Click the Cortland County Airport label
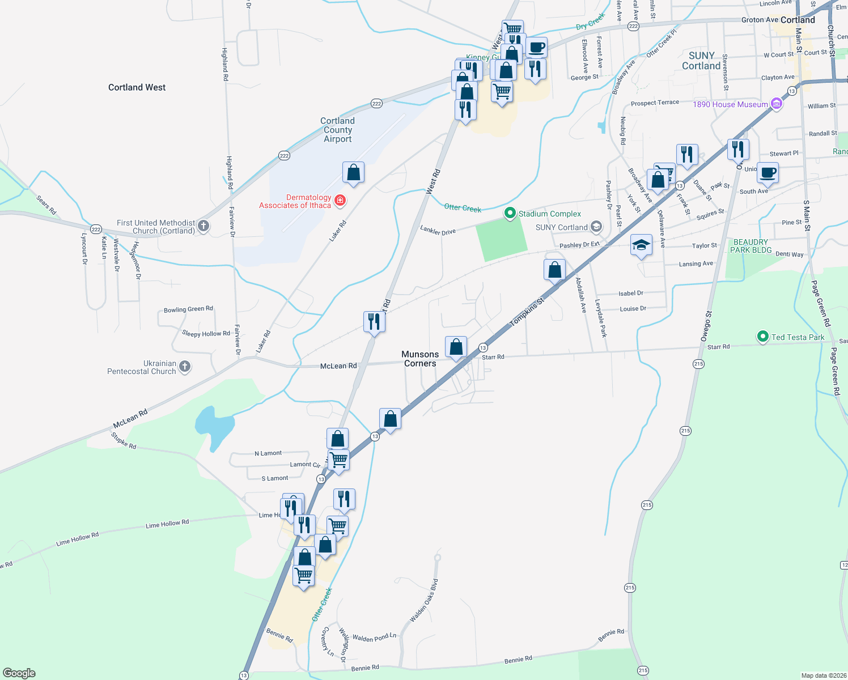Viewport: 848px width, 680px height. click(x=337, y=130)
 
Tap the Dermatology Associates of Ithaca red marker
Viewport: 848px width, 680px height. click(x=340, y=200)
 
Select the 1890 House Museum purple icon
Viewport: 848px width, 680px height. click(x=777, y=104)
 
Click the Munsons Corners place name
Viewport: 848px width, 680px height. click(x=420, y=359)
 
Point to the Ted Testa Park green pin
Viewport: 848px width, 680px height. click(x=762, y=337)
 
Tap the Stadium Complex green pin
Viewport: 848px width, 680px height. click(x=510, y=213)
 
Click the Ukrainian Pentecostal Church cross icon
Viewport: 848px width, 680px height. click(x=185, y=367)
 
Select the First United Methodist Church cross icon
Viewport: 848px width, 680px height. click(x=203, y=226)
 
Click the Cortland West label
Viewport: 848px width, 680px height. click(x=137, y=87)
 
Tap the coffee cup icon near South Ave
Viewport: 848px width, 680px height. click(x=768, y=172)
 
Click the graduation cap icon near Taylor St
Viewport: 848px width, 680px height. click(x=641, y=245)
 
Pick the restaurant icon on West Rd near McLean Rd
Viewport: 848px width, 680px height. click(x=374, y=322)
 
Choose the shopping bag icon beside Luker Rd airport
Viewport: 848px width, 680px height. click(x=353, y=172)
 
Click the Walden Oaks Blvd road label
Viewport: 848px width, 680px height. click(x=424, y=601)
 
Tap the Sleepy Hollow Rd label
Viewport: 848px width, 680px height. click(x=206, y=334)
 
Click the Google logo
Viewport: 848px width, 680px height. click(x=19, y=673)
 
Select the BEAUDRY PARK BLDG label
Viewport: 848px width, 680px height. click(x=751, y=246)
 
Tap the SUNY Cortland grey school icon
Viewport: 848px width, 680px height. click(x=596, y=227)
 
